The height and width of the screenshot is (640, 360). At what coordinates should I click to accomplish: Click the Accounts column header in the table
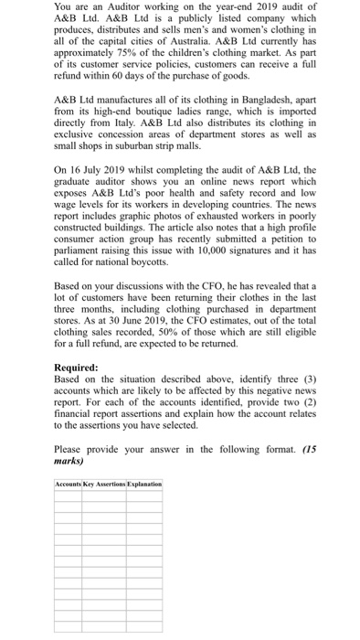click(69, 483)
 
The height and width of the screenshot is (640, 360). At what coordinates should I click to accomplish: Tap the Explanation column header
click(144, 483)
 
